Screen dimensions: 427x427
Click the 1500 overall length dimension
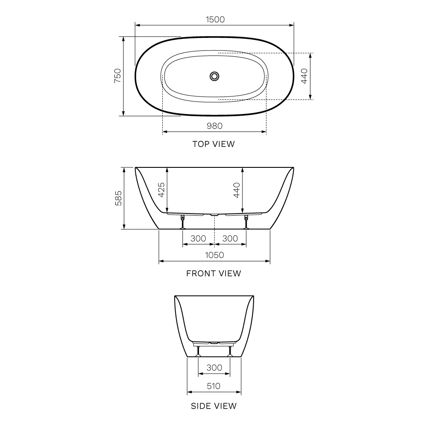(215, 20)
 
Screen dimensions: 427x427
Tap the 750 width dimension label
(117, 76)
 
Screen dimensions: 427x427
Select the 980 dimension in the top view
(215, 126)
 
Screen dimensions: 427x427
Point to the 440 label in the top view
(304, 76)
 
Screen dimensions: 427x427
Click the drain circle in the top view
(215, 76)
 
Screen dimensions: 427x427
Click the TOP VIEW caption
(213, 144)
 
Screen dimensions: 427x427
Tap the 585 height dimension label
(118, 198)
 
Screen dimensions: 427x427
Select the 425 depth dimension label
(161, 190)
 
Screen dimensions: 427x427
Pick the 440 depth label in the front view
(237, 190)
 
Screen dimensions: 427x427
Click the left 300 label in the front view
(198, 239)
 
